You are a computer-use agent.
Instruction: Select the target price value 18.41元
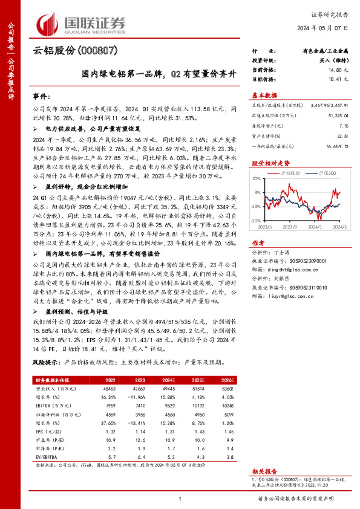[330, 79]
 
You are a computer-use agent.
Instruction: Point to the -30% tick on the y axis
[256, 221]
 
